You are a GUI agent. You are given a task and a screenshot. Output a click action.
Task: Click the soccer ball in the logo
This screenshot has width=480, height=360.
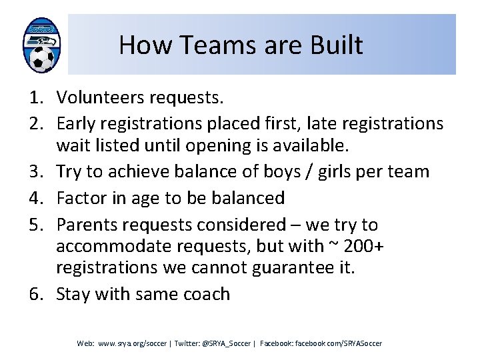pos(43,59)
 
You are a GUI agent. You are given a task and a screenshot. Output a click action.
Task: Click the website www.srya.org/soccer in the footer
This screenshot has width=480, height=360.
pos(132,343)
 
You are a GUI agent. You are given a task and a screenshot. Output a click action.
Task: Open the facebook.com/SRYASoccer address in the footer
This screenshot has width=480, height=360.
pos(339,343)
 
